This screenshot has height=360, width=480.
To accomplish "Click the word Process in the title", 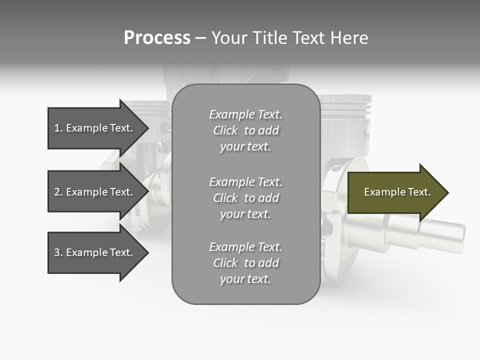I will click(x=157, y=38).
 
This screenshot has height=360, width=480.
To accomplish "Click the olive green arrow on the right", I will click(x=395, y=192).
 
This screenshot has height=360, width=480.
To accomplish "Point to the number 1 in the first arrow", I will click(x=57, y=128).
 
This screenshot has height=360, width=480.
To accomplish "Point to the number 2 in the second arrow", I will click(x=57, y=192).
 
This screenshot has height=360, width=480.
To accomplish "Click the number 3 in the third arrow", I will click(x=57, y=252).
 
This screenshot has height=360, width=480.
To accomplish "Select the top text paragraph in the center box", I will click(x=245, y=130).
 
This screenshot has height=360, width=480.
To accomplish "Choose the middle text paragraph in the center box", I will click(x=245, y=198).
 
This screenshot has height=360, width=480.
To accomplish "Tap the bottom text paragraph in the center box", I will click(x=245, y=263).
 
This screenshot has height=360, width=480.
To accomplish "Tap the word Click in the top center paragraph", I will click(x=225, y=130).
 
